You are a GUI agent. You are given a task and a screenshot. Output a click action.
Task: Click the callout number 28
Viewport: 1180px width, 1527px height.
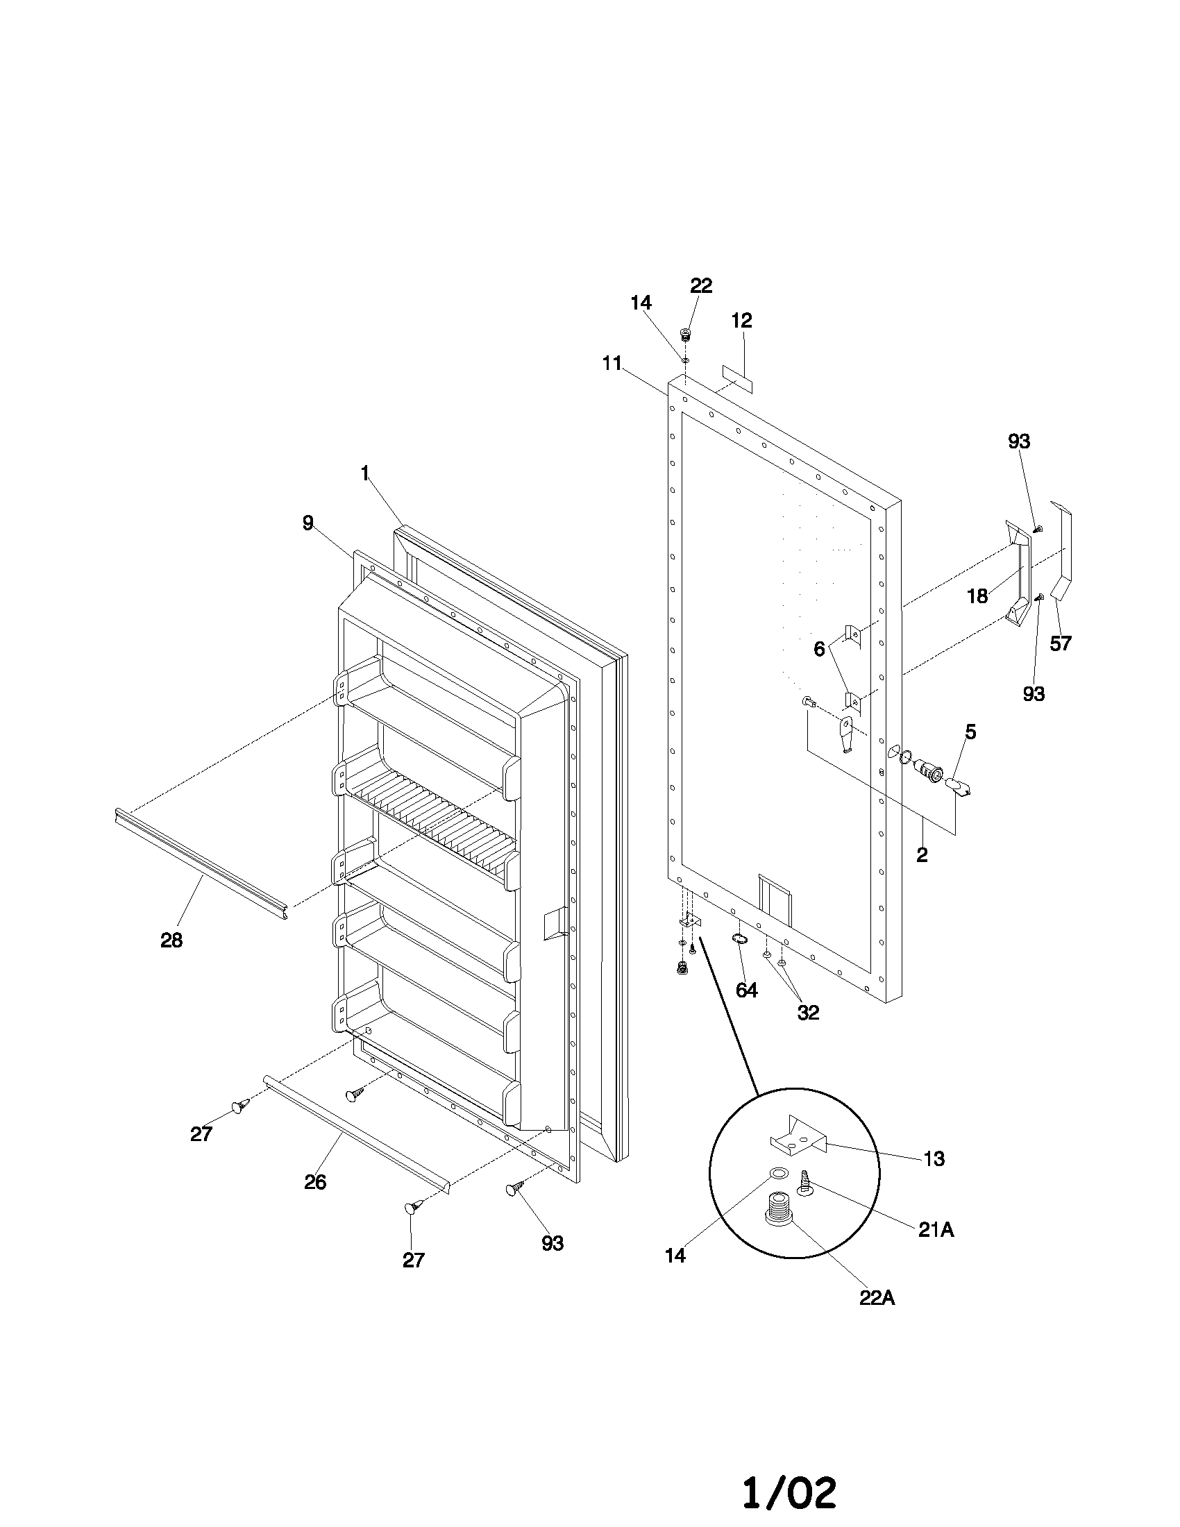[x=171, y=940]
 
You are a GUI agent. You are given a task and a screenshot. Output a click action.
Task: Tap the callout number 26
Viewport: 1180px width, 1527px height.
[x=315, y=1181]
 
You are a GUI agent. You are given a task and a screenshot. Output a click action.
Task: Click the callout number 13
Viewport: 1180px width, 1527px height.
[x=934, y=1158]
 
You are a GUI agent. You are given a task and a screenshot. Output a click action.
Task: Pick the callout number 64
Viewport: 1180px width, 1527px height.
[x=747, y=990]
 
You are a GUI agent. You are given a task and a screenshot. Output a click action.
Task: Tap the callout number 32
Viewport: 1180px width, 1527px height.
[x=808, y=1013]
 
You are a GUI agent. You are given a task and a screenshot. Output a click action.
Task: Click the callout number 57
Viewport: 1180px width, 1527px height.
[x=1061, y=643]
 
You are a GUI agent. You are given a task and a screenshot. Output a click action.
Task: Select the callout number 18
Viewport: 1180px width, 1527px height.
[x=977, y=596]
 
